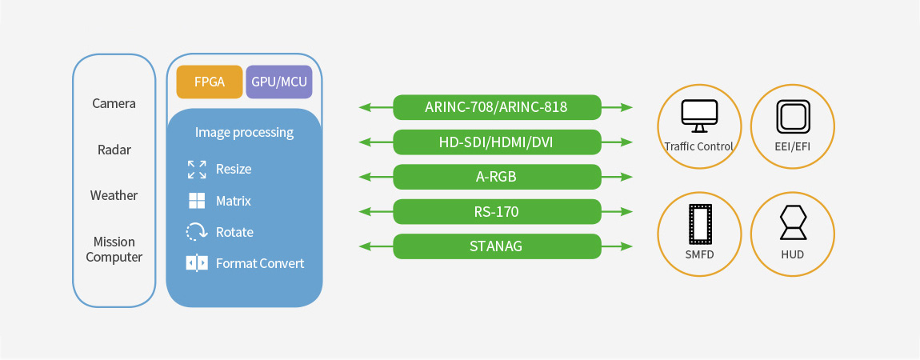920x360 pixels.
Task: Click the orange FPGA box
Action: point(209,82)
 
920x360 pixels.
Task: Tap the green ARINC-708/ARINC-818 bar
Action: point(497,107)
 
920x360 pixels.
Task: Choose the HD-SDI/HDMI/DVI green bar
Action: point(497,142)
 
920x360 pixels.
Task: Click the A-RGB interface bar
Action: point(497,177)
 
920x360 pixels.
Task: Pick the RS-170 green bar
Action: point(497,211)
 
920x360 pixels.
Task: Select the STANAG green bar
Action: point(497,246)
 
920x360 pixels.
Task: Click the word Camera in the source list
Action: point(114,103)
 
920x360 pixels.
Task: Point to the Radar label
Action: point(114,150)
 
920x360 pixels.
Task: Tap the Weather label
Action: point(114,195)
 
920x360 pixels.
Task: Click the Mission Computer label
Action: point(114,249)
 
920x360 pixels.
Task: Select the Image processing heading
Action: point(244,132)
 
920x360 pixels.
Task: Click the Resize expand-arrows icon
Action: point(197,169)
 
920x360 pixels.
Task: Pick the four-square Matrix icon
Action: point(197,201)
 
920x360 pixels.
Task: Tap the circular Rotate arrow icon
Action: point(197,232)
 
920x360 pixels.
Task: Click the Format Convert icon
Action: point(197,263)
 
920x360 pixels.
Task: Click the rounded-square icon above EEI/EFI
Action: point(793,117)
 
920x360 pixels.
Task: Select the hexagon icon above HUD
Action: point(794,223)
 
